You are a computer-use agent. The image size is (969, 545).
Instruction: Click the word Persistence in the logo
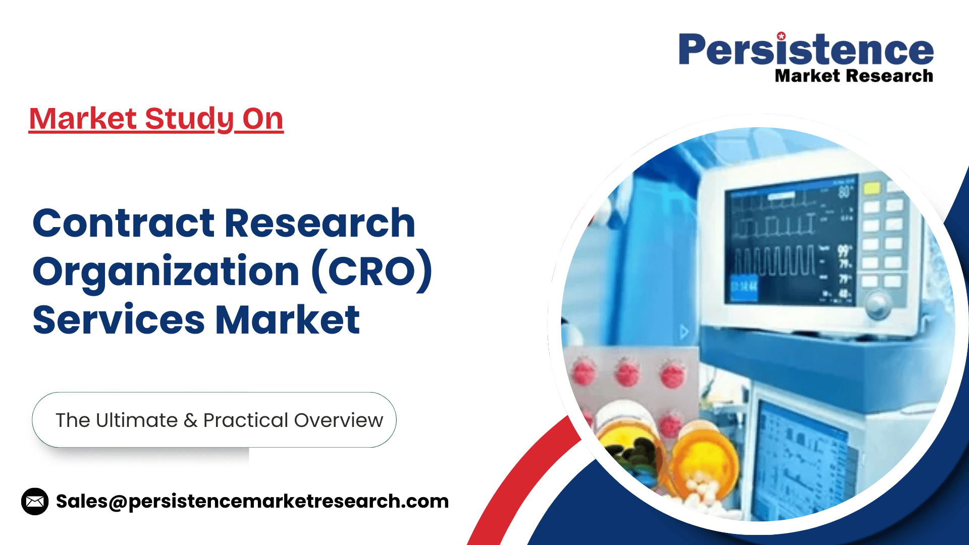click(x=806, y=49)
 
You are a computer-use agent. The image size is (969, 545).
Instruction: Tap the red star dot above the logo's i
click(x=781, y=36)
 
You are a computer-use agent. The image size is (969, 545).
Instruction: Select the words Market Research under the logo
click(x=854, y=76)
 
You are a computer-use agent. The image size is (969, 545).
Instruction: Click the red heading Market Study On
click(x=156, y=119)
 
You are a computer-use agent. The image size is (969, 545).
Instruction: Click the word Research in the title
click(x=320, y=223)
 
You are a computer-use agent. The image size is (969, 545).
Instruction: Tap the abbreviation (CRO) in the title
click(x=372, y=271)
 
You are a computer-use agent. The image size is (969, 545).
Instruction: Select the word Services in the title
click(x=119, y=320)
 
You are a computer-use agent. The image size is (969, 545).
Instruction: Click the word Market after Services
click(x=288, y=320)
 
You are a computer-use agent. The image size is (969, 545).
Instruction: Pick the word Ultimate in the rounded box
click(x=137, y=420)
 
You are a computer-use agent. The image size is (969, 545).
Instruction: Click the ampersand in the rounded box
click(x=190, y=420)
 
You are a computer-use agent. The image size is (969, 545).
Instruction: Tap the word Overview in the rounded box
click(x=339, y=420)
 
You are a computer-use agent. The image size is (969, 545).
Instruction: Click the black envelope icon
click(x=35, y=501)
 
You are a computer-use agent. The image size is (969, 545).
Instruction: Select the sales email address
click(x=252, y=502)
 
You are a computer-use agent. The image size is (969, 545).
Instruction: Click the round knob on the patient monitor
click(x=878, y=304)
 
